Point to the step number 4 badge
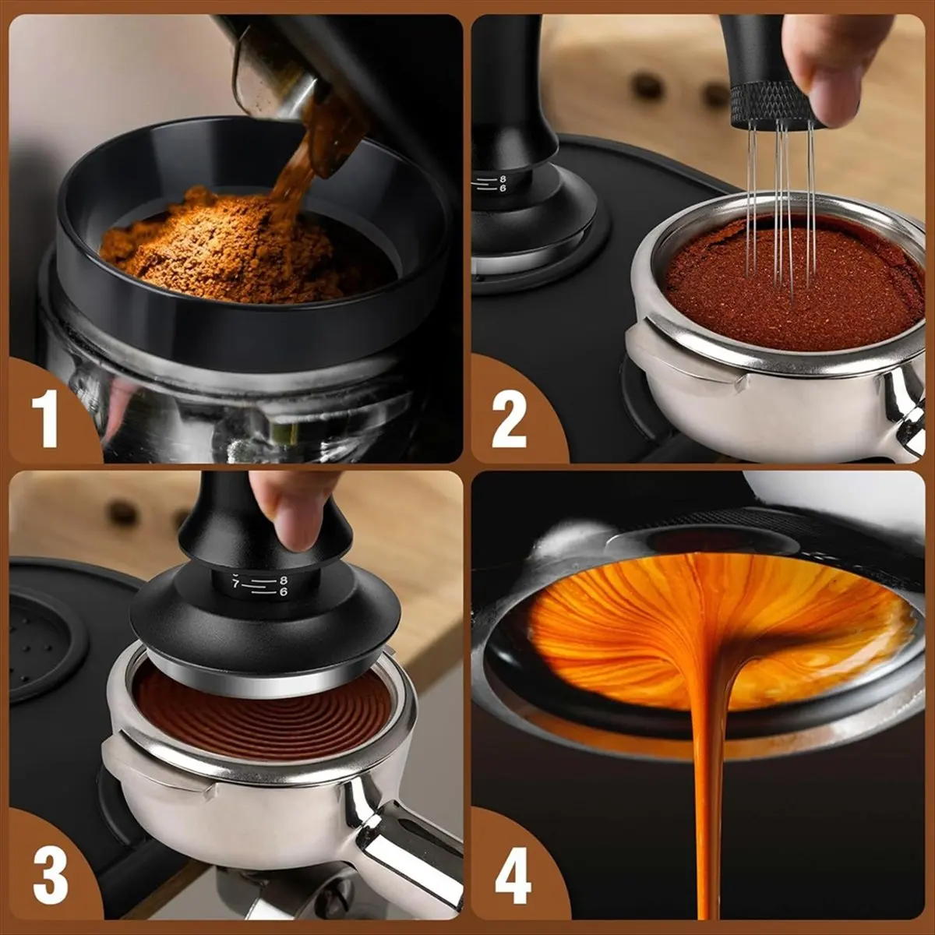512,875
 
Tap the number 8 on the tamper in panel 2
503,178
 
